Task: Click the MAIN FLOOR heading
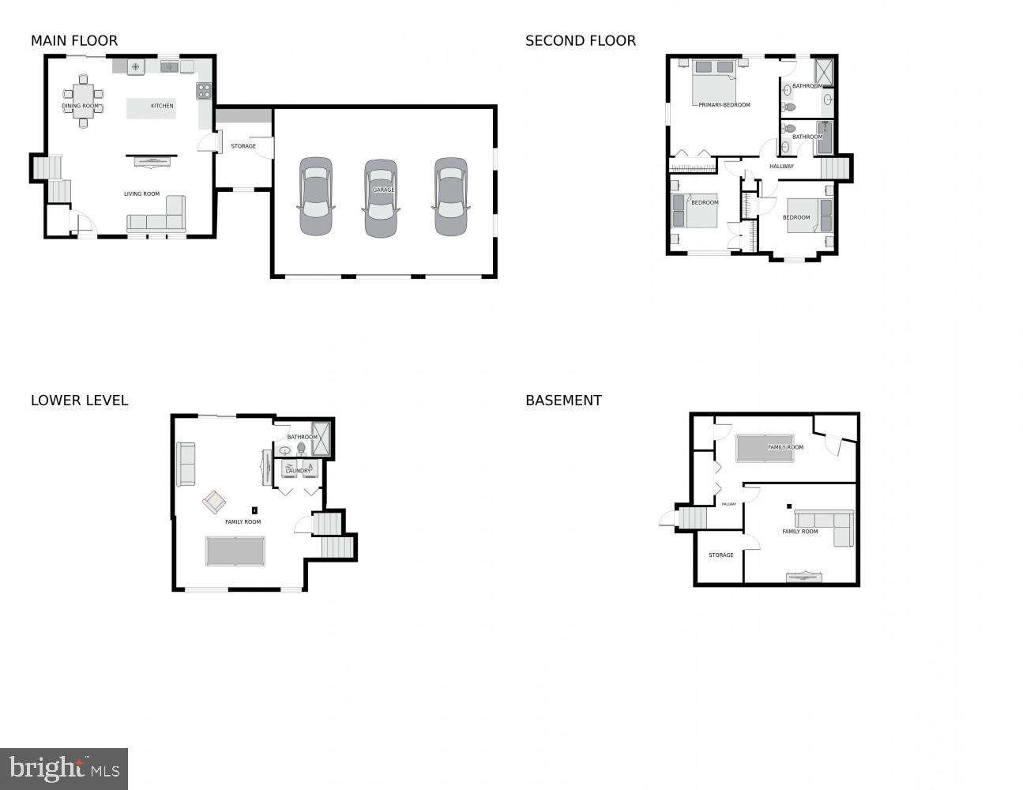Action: coord(74,41)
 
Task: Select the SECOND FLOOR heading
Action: coord(580,41)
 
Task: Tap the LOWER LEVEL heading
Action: coord(79,401)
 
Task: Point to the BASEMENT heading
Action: coord(563,401)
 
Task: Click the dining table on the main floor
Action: coord(82,100)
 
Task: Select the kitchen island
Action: coord(151,108)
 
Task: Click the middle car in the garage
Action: coord(380,197)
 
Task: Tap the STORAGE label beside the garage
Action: coord(243,146)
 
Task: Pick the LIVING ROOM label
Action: coord(141,194)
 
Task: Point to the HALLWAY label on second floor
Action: coord(781,166)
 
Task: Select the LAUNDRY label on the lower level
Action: coord(298,471)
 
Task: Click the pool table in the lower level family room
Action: coord(235,551)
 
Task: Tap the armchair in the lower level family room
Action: coord(213,502)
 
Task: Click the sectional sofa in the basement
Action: coord(826,523)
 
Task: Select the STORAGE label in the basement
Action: coord(720,555)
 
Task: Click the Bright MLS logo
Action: coord(64,769)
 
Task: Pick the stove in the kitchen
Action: coord(204,91)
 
